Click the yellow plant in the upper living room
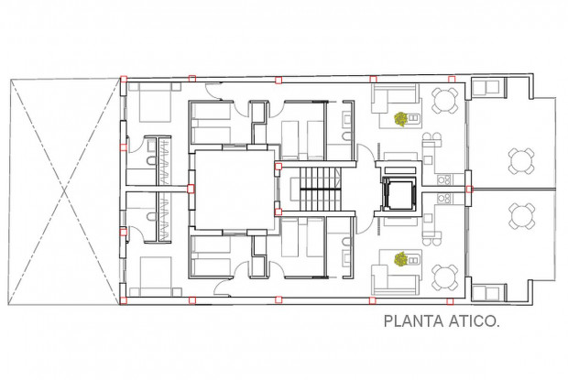point(401,117)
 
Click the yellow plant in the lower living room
point(400,259)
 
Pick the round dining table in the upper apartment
point(445,98)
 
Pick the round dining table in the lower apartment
point(445,277)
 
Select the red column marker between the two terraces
point(469,189)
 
